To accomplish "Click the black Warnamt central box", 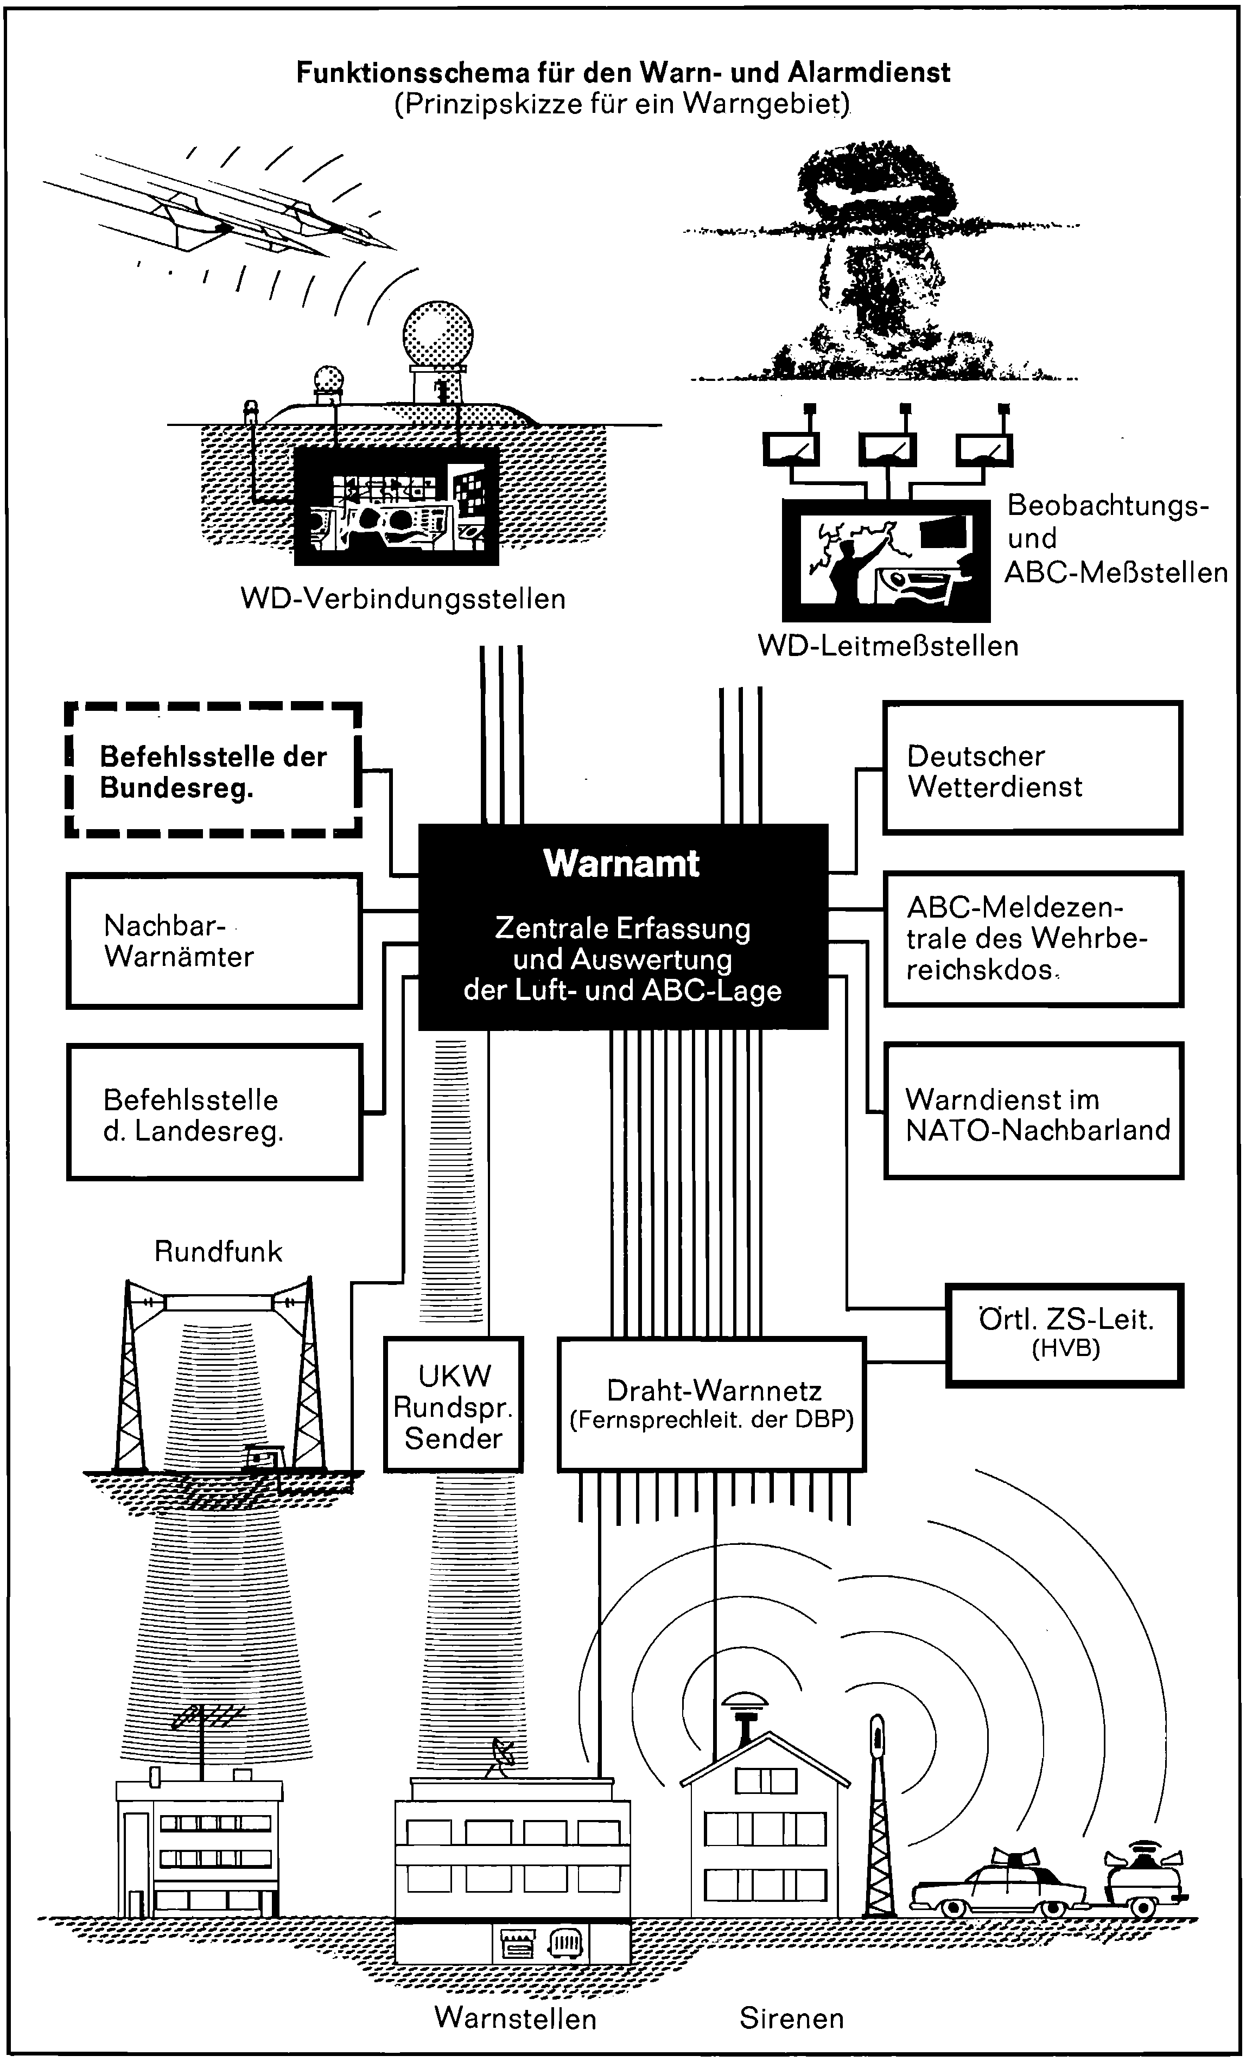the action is pos(622,926).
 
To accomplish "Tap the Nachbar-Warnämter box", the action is pos(214,940).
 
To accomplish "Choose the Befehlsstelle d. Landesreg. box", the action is pos(214,1112).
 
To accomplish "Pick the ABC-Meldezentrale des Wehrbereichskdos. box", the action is pos(1033,939).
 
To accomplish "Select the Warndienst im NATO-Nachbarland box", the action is pos(1033,1111).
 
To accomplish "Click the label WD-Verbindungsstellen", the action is pos(403,599).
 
